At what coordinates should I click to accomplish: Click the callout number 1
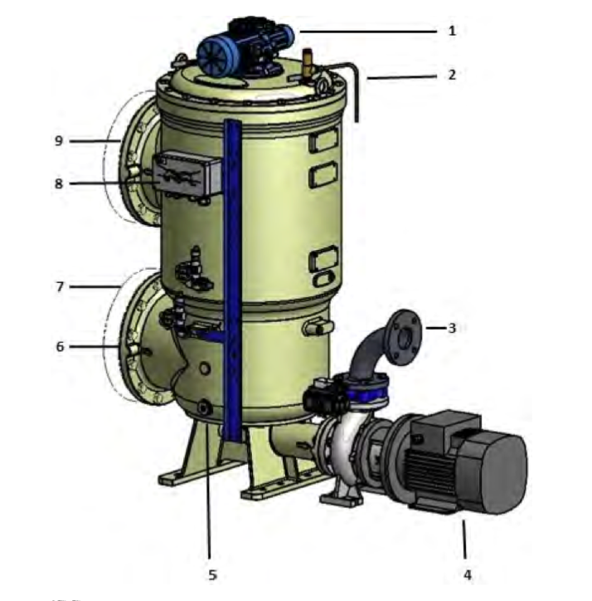pyautogui.click(x=452, y=31)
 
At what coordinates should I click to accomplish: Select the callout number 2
pyautogui.click(x=452, y=75)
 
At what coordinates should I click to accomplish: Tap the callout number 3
pyautogui.click(x=452, y=328)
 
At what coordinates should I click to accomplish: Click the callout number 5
pyautogui.click(x=211, y=574)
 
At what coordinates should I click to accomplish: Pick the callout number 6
pyautogui.click(x=59, y=347)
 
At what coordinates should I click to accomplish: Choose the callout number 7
pyautogui.click(x=59, y=287)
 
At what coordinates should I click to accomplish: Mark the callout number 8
pyautogui.click(x=59, y=183)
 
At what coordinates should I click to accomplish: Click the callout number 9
pyautogui.click(x=59, y=141)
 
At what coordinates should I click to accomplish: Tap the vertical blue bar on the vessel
pyautogui.click(x=233, y=274)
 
